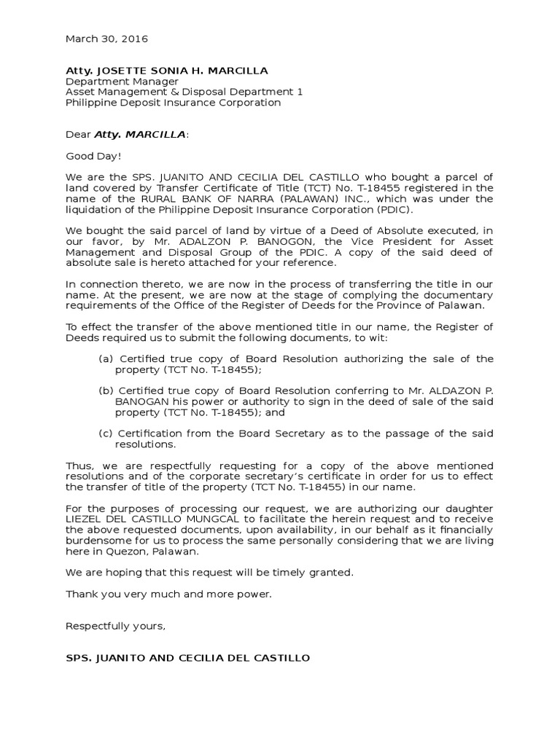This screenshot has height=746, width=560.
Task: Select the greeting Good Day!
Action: (94, 156)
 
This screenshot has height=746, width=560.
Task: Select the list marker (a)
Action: (106, 359)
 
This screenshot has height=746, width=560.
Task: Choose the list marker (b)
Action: (106, 391)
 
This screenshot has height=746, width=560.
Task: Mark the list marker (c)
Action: (106, 433)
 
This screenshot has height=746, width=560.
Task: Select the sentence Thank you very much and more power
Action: (168, 594)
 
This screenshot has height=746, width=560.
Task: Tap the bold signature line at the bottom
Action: (188, 658)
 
